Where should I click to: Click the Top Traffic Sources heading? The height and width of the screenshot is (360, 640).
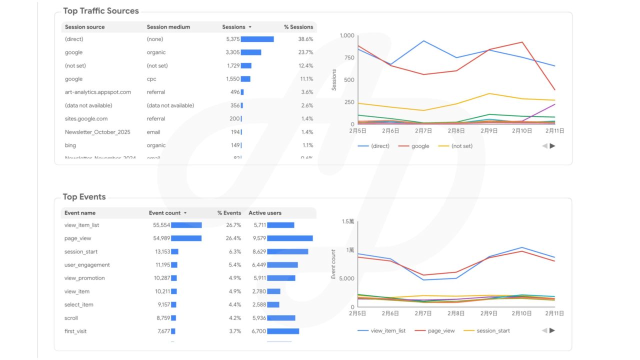click(x=100, y=11)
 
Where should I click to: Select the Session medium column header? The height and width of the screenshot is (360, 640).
click(x=168, y=27)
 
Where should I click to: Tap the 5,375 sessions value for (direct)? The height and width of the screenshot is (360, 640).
click(x=233, y=39)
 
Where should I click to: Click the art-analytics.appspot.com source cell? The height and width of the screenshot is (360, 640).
click(x=97, y=92)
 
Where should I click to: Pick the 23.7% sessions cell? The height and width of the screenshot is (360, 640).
click(x=305, y=52)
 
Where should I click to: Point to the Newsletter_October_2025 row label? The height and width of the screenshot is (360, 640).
click(x=97, y=132)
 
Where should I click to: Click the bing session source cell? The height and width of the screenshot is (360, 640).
click(x=70, y=145)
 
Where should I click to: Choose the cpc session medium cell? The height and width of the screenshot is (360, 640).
click(x=151, y=79)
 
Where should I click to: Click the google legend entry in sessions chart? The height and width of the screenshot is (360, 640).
click(x=420, y=146)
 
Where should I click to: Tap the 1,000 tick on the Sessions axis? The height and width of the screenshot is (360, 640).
click(x=346, y=35)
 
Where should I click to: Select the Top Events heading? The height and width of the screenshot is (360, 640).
click(x=84, y=197)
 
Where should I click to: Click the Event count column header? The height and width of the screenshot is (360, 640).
click(x=164, y=213)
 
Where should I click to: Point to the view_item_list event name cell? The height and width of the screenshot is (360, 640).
click(x=81, y=225)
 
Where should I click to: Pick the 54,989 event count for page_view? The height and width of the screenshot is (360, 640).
click(x=161, y=238)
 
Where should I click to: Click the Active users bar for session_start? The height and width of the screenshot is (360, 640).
click(x=287, y=251)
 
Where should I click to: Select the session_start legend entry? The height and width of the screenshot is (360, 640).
click(x=493, y=330)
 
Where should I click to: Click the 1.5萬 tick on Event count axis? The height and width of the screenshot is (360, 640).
click(x=347, y=221)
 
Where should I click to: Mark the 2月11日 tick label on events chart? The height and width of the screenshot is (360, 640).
click(x=554, y=313)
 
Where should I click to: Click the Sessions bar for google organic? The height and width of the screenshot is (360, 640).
click(x=251, y=52)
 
